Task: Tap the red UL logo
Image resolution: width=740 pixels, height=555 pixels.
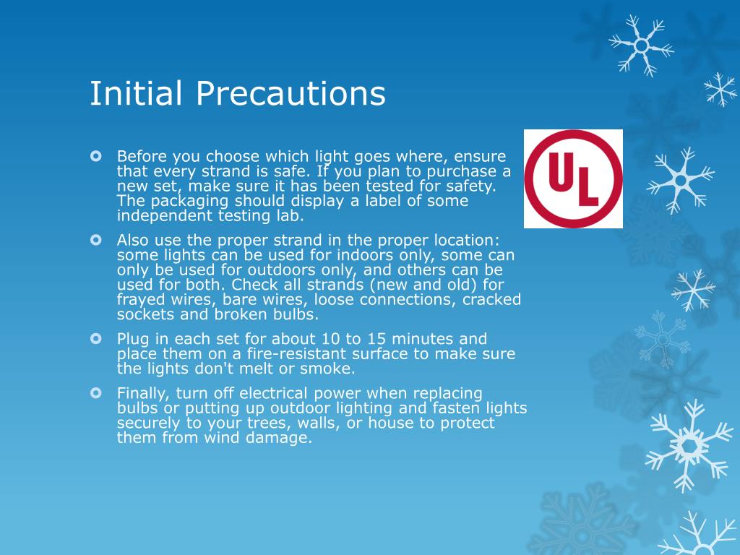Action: [573, 178]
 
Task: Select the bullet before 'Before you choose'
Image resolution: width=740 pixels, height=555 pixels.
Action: [97, 156]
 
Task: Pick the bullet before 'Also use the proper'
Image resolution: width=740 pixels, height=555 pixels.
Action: [97, 239]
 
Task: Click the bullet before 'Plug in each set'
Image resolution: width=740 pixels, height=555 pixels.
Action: [97, 338]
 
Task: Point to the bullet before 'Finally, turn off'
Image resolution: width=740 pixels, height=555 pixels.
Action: [97, 393]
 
